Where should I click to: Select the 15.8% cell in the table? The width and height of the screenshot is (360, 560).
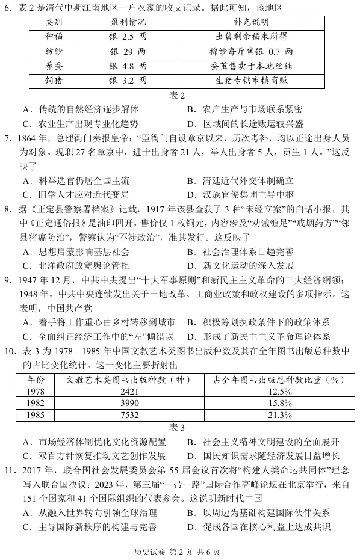tap(278, 403)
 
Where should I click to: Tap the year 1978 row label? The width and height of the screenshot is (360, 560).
tap(36, 392)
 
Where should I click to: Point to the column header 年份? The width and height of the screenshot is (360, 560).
tap(36, 380)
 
